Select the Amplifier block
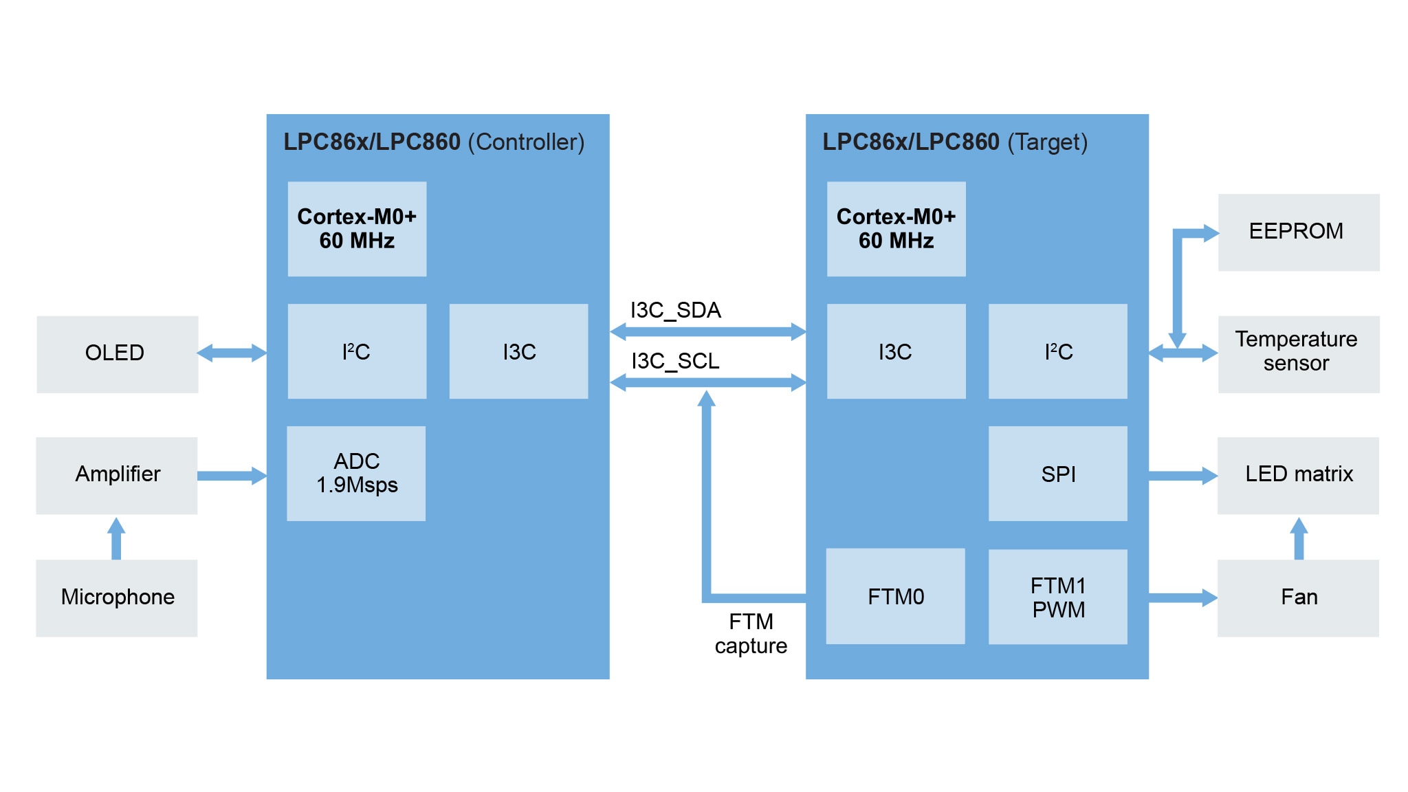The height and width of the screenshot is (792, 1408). (x=117, y=475)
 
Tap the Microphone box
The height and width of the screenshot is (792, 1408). (x=117, y=597)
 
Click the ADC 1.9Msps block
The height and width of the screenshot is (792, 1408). (x=356, y=473)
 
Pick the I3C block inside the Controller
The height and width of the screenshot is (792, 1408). (x=518, y=351)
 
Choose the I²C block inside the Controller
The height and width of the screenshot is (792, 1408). (x=357, y=351)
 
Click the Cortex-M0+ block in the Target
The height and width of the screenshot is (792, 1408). (x=896, y=229)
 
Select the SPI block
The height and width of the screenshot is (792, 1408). (x=1057, y=474)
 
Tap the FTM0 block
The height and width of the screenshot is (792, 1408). (x=895, y=596)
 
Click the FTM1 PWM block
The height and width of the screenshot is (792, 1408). (x=1057, y=597)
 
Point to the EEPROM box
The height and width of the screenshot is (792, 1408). (x=1298, y=232)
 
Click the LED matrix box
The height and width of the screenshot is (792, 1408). (x=1298, y=475)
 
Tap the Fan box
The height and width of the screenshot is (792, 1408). (x=1298, y=597)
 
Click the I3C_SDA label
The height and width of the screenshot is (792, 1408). (x=675, y=310)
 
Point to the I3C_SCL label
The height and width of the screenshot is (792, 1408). (x=675, y=361)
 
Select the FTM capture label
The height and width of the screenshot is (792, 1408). (x=751, y=633)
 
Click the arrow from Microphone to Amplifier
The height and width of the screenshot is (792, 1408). (x=116, y=538)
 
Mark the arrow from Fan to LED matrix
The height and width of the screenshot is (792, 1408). (x=1298, y=538)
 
